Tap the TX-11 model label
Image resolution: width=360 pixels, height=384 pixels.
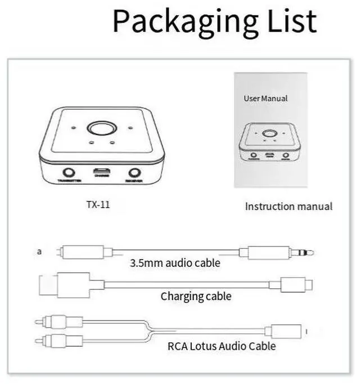point(98,205)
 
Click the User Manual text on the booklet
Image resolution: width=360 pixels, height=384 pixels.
point(265,99)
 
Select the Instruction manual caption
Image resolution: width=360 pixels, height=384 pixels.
point(289,207)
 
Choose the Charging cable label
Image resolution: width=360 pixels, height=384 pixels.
point(196,296)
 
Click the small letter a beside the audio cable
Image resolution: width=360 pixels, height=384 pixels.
point(39,252)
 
